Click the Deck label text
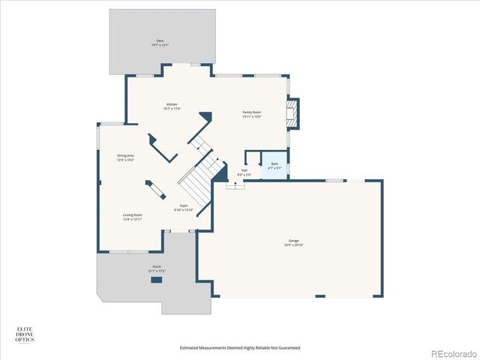point(160,40)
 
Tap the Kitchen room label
point(172,104)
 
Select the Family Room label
point(251,112)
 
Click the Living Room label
point(133,215)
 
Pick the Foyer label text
point(184,205)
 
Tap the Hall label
point(244,170)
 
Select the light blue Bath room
point(274,165)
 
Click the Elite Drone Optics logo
point(24,334)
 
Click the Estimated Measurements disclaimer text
point(239,348)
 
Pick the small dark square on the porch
point(156,280)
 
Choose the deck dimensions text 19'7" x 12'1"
point(160,45)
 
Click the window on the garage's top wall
point(334,180)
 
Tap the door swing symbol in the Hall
point(235,184)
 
